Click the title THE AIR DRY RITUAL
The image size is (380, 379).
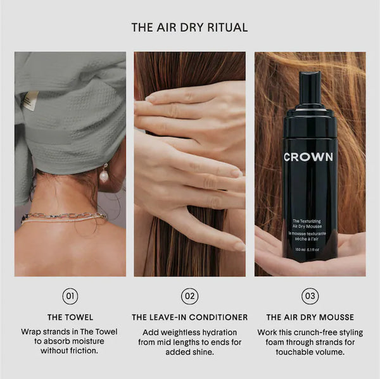(x=189, y=27)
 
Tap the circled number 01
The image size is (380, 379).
(x=70, y=296)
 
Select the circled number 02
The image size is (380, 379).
(x=190, y=296)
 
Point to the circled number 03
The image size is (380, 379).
(x=310, y=296)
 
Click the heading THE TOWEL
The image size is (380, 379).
(x=70, y=317)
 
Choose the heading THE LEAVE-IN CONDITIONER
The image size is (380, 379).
(x=190, y=317)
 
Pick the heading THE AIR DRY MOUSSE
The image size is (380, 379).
(x=310, y=317)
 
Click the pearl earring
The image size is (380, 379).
(x=104, y=175)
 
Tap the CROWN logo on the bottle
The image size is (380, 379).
(x=308, y=157)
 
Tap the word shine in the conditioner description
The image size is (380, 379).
(x=203, y=352)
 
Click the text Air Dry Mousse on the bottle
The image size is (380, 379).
(x=307, y=227)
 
